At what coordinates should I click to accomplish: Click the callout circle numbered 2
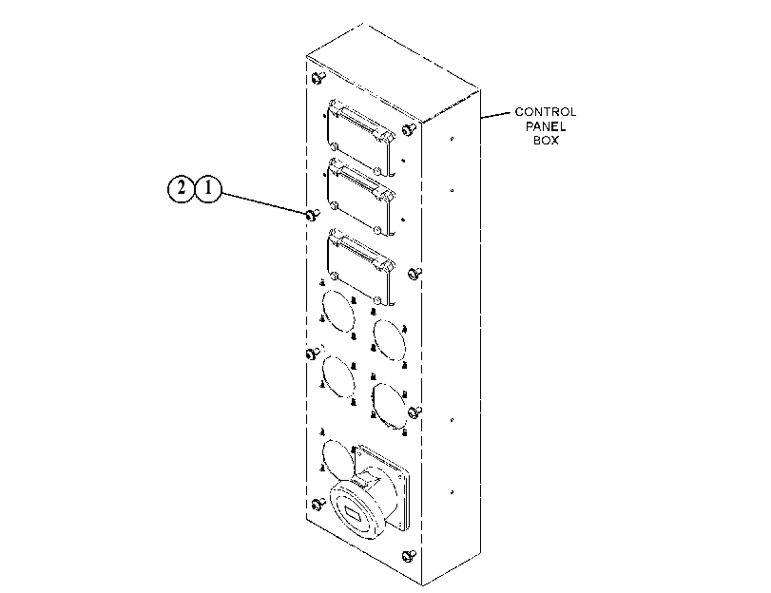(182, 188)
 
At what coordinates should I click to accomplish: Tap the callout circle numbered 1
(208, 188)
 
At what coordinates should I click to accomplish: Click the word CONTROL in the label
(546, 112)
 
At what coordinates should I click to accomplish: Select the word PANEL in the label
(546, 126)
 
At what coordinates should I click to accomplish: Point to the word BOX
(547, 140)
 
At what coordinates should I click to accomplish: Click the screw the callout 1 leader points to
(313, 215)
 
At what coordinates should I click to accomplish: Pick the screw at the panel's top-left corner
(318, 77)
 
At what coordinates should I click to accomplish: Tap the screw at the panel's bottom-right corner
(409, 556)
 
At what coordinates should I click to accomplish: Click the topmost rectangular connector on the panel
(360, 136)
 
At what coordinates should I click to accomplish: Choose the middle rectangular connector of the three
(360, 196)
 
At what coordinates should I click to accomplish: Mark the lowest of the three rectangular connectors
(360, 266)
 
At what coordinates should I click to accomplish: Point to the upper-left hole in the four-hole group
(338, 311)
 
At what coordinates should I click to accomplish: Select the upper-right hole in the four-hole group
(390, 340)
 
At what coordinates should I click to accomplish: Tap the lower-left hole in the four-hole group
(338, 376)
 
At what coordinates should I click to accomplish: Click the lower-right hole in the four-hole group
(390, 406)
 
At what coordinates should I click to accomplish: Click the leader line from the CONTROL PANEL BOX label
(495, 115)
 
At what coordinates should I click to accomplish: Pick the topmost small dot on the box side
(452, 139)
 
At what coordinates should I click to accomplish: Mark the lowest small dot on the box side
(452, 491)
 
